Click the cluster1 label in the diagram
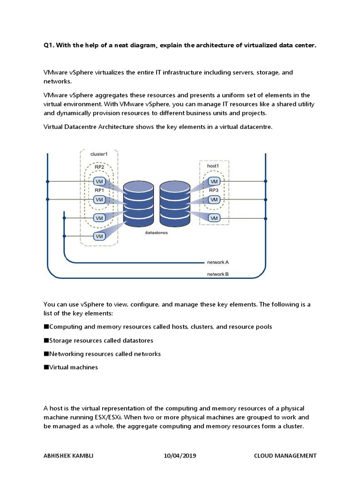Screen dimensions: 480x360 coord(99,154)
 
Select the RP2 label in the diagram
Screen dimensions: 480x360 coord(99,167)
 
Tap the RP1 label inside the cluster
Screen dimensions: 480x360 coord(99,190)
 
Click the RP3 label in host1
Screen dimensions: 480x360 coord(214,190)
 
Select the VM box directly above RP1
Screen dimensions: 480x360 coord(99,181)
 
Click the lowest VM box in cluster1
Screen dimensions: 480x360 coord(99,236)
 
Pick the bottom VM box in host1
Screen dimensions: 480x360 coord(214,218)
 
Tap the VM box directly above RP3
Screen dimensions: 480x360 coord(214,181)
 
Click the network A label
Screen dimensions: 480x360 coord(217,262)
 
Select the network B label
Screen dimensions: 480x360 coord(217,274)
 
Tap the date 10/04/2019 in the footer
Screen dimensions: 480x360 coord(180,456)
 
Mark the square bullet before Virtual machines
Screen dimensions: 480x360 coord(46,367)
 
